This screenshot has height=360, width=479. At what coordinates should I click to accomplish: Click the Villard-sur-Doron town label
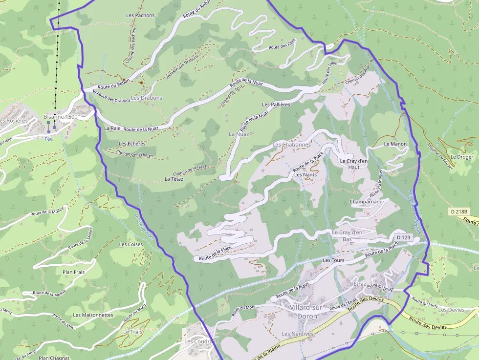tap(303, 312)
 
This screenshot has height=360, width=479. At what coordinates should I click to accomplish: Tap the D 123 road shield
tap(403, 237)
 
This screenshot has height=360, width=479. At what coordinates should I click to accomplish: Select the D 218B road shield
tap(459, 212)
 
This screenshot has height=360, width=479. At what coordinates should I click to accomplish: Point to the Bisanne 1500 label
tap(61, 117)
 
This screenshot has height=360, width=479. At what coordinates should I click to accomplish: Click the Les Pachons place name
tap(140, 15)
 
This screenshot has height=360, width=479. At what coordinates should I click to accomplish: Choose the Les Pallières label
tap(276, 105)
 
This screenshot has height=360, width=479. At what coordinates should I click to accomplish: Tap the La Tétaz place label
tap(174, 179)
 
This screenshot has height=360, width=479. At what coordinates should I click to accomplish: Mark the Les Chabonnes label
tap(292, 145)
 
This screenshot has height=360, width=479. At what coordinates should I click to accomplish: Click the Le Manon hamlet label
tap(395, 144)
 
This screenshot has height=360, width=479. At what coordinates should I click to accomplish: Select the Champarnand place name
tap(366, 201)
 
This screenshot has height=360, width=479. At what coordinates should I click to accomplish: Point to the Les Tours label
tap(333, 260)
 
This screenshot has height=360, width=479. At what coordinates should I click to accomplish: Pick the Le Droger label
tap(462, 157)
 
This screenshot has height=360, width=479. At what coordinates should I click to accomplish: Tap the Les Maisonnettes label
tap(93, 315)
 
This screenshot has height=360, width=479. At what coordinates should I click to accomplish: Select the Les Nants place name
tap(305, 174)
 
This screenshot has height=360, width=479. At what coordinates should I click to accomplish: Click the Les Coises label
tap(131, 244)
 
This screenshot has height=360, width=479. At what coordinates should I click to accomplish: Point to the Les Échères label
tap(132, 144)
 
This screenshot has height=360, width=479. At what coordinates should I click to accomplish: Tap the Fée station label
tap(48, 138)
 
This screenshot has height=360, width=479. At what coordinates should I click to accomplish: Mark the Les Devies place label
tap(452, 310)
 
